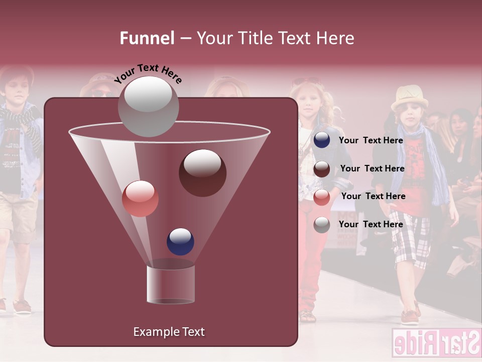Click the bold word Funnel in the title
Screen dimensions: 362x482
pos(147,38)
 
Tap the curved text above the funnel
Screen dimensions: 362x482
pos(148,73)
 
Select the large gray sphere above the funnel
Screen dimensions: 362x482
pos(148,106)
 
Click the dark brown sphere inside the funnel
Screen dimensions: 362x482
pos(202,172)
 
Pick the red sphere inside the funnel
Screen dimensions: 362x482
pos(140,198)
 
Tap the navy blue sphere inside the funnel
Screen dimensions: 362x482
pos(180,241)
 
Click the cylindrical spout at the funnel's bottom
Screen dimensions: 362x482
pos(171,285)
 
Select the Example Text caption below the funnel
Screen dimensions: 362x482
pos(169,332)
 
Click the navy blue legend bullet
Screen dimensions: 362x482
pos(322,140)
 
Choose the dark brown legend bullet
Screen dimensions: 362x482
pos(322,169)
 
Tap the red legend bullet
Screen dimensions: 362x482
pos(322,197)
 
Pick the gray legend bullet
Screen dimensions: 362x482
pos(322,225)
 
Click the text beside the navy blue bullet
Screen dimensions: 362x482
pos(371,140)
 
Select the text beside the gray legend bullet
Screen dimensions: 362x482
pos(371,224)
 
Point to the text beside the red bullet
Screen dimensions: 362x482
pos(373,196)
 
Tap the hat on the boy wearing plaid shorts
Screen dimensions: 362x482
pos(409,97)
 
